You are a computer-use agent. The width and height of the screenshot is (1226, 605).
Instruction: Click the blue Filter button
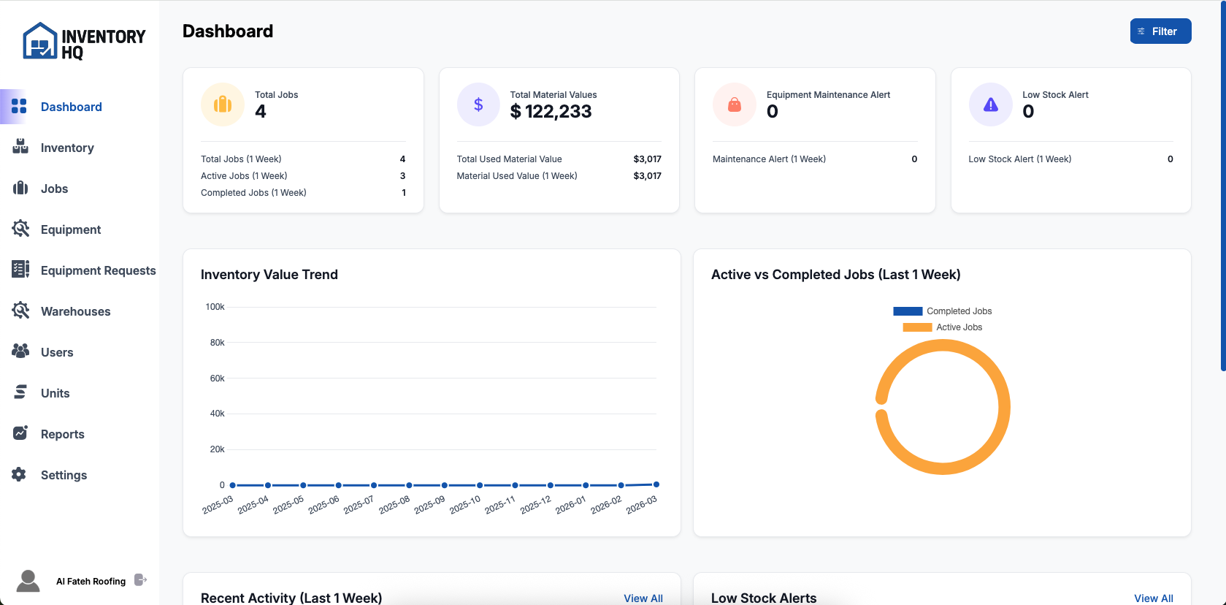[1160, 31]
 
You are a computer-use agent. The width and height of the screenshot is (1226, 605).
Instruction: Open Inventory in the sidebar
[66, 148]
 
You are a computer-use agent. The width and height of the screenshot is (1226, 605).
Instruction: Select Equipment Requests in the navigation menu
[98, 270]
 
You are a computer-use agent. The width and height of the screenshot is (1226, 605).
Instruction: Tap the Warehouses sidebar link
[75, 311]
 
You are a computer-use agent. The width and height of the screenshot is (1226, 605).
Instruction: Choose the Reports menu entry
[62, 434]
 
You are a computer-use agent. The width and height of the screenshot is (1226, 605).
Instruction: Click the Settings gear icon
[20, 474]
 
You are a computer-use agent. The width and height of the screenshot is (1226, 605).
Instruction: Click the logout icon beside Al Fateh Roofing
[141, 580]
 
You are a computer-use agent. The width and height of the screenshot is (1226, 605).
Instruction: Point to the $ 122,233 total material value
[551, 111]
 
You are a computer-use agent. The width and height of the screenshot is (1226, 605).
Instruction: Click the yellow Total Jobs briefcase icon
[223, 104]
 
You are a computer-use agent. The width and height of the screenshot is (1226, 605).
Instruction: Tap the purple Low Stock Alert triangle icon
[990, 104]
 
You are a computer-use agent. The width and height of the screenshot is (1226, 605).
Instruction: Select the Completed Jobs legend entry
[943, 311]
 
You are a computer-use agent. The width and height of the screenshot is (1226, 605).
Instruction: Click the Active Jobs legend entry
[943, 327]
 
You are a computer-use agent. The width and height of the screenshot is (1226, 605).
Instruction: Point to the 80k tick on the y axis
[217, 343]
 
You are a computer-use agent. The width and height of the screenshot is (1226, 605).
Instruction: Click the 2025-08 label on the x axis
[394, 504]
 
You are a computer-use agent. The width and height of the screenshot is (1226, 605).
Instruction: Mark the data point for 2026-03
[656, 484]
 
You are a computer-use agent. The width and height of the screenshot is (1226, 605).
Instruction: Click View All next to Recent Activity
[643, 598]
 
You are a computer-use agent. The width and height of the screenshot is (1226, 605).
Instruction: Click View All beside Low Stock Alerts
[1153, 598]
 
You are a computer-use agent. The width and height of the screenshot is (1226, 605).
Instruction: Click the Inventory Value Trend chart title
[269, 275]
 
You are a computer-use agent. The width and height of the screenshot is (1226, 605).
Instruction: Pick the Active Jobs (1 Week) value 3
[402, 176]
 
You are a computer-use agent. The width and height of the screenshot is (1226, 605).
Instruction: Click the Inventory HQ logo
[84, 42]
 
